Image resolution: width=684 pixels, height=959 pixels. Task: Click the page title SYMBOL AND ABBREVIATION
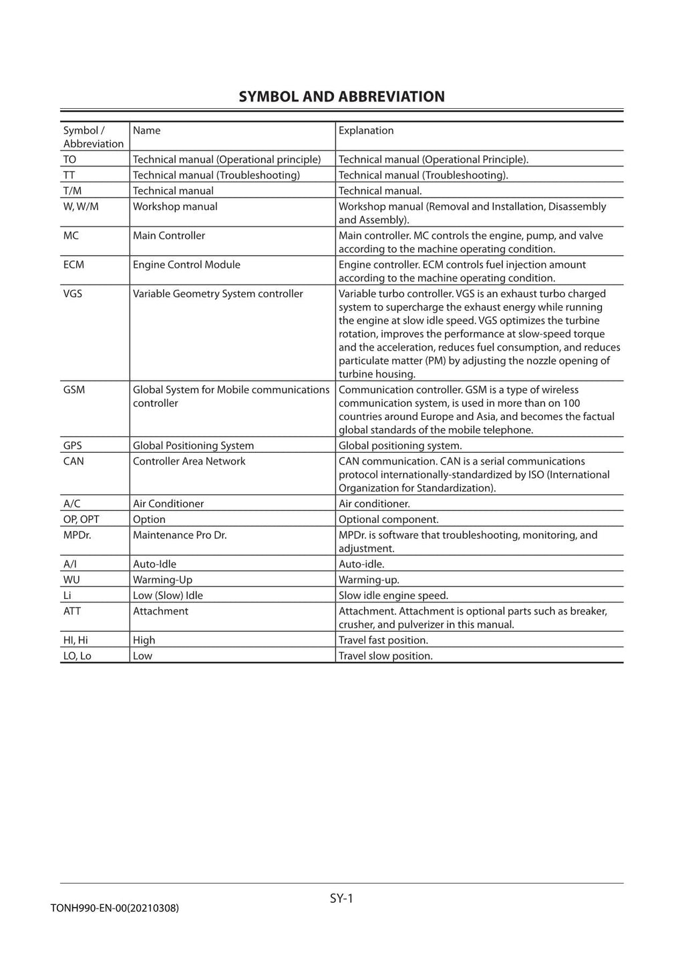[x=341, y=97]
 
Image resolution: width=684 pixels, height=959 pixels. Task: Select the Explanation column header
[x=366, y=131]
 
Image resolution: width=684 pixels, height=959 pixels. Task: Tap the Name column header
[x=146, y=131]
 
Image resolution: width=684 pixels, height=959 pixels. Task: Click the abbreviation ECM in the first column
[x=73, y=265]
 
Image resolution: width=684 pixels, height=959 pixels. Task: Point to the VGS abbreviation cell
[x=73, y=294]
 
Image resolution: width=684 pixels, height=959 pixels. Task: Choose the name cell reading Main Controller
[x=169, y=236]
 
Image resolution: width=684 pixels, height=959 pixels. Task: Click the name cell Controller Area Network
[x=189, y=461]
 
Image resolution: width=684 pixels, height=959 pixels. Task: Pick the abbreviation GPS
[x=73, y=446]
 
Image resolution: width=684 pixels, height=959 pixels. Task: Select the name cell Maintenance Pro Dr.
[x=180, y=536]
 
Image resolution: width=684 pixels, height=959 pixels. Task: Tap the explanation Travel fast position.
[x=383, y=640]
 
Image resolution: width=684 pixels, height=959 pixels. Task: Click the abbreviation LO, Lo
[x=77, y=656]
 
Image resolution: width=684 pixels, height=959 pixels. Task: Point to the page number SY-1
[x=341, y=899]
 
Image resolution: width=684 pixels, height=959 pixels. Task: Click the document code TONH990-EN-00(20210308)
[x=114, y=908]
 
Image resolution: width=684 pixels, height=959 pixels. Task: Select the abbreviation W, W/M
[x=81, y=207]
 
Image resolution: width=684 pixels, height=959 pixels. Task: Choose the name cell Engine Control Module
[x=186, y=265]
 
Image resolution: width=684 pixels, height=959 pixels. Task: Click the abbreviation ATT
[x=72, y=612]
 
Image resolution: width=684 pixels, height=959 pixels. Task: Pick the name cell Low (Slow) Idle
[x=168, y=596]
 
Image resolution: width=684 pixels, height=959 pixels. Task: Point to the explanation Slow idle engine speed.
[x=393, y=596]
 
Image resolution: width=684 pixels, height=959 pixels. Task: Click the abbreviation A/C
[x=71, y=504]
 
